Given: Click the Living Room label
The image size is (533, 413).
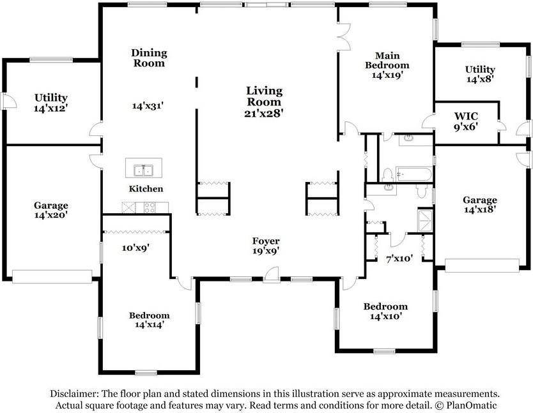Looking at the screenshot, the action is [x=264, y=96].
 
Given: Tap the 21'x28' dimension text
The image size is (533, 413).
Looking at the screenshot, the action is [x=264, y=113].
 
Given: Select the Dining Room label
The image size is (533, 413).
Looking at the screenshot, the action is [x=149, y=57].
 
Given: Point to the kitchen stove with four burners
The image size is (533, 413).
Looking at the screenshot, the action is [x=150, y=207].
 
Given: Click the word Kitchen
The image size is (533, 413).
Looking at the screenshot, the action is [x=146, y=189].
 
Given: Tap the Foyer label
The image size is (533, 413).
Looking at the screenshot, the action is [x=266, y=241].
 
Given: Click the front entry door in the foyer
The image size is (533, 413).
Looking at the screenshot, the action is [x=272, y=274].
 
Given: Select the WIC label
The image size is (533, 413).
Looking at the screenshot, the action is [x=466, y=116].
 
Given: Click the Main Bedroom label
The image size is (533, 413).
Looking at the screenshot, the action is [x=387, y=60].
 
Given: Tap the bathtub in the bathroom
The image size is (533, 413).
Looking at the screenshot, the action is [x=413, y=174].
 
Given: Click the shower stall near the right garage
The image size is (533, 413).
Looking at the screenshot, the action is [x=425, y=221].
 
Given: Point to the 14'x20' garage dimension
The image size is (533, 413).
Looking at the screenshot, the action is [x=51, y=215].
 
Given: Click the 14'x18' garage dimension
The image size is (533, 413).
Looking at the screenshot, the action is [x=479, y=209].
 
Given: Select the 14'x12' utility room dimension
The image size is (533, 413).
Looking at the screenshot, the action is [x=51, y=109].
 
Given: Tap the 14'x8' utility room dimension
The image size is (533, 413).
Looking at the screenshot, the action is [x=480, y=80].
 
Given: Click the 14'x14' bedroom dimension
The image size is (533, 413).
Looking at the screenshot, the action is [x=150, y=324].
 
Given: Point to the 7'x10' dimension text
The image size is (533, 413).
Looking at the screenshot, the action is [x=399, y=259].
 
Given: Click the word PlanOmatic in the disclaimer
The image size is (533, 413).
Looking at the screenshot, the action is [x=472, y=405].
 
